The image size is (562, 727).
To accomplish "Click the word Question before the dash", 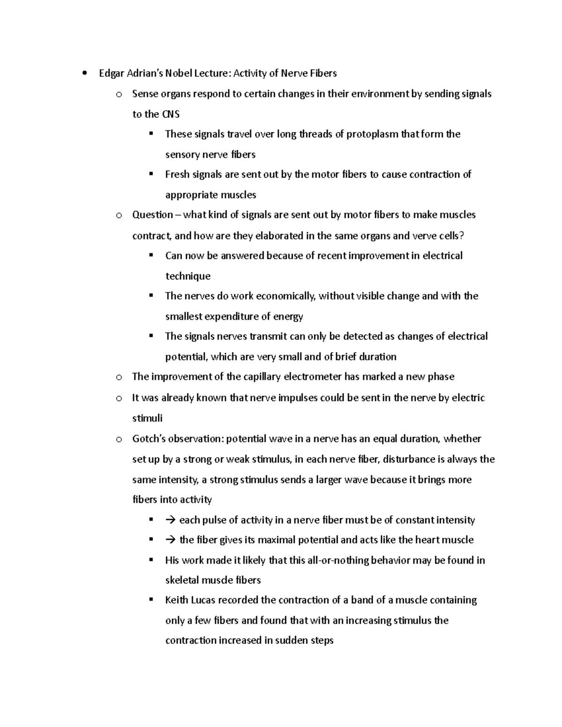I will tap(153, 215).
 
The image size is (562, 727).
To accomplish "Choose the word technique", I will tap(188, 276).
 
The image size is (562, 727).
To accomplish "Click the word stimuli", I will tap(148, 418).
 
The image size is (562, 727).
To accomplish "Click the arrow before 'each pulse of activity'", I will tap(170, 520).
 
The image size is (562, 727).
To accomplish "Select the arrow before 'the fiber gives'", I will tap(170, 540).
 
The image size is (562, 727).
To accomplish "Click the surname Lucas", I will tap(203, 600).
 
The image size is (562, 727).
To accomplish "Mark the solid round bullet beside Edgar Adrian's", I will tap(84, 73).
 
